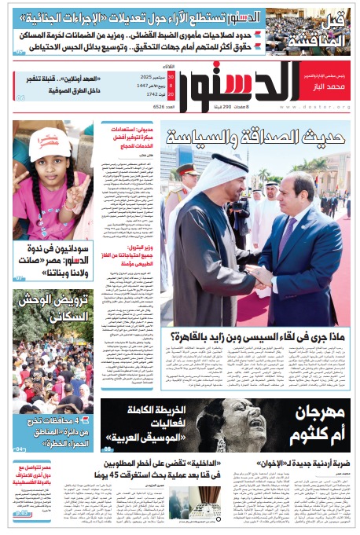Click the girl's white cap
tap(51, 144)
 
